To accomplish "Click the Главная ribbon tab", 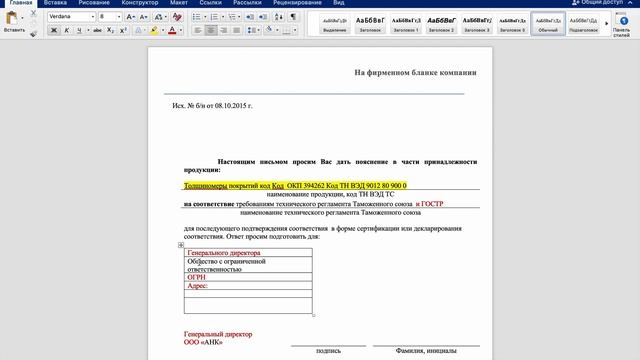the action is [x=20, y=3].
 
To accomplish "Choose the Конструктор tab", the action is [x=140, y=3].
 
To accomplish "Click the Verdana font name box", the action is [x=68, y=17].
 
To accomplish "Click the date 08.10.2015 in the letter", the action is [x=231, y=105].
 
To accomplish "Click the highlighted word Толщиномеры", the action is [x=206, y=186].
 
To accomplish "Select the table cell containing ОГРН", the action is [x=248, y=278].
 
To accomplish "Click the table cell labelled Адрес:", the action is [x=248, y=287].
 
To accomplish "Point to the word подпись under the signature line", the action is [x=328, y=351].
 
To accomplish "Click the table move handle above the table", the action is [x=181, y=245].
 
